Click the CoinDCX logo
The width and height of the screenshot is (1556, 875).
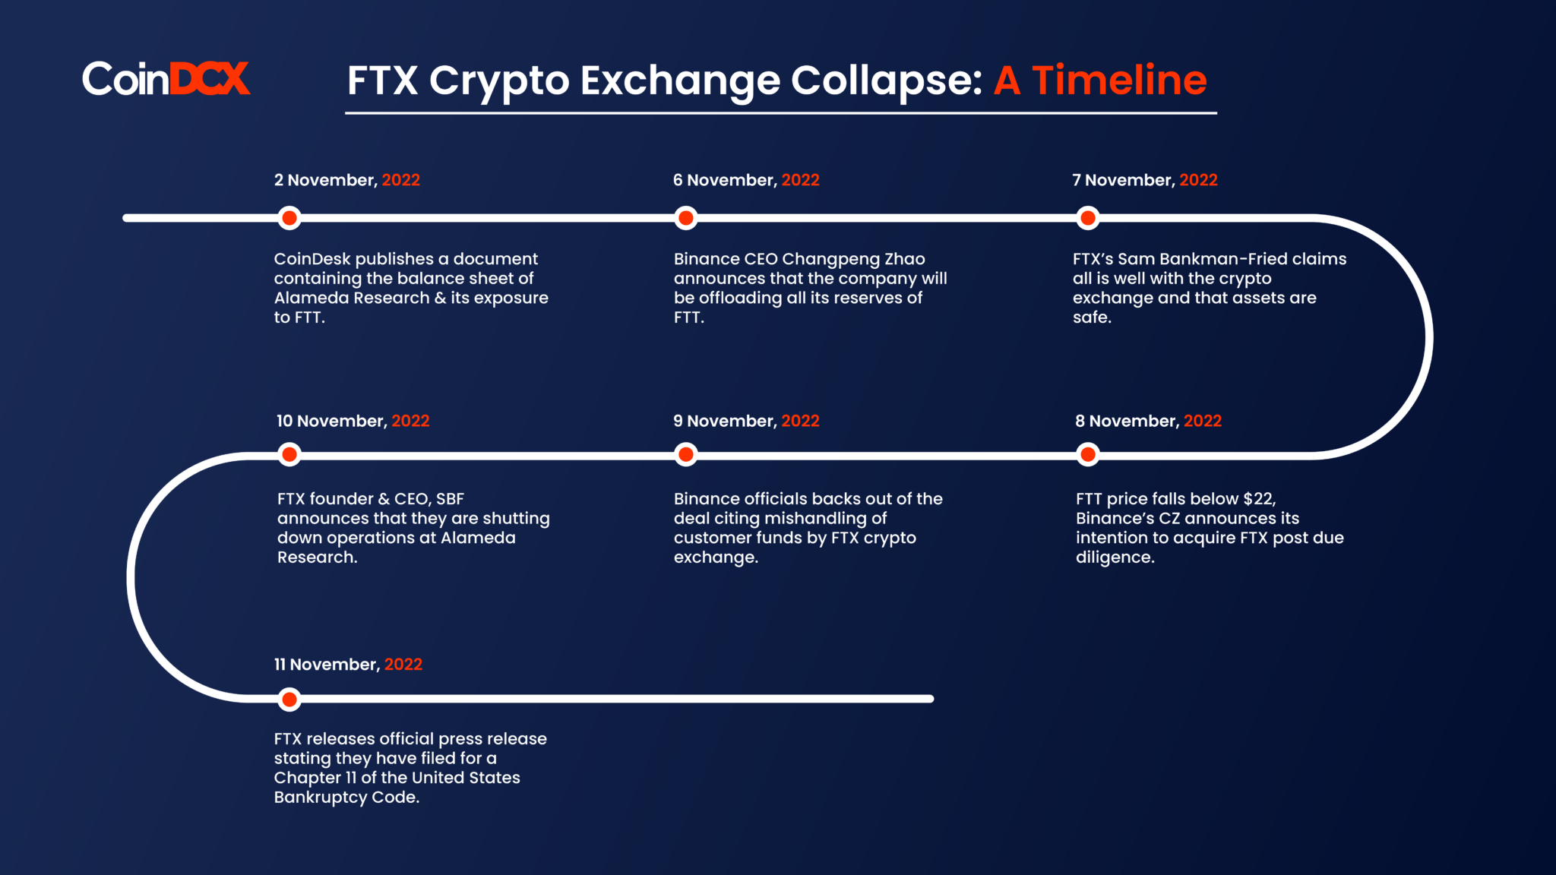coord(166,78)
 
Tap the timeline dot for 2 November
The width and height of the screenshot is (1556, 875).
coord(289,219)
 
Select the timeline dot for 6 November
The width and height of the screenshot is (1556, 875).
coord(686,219)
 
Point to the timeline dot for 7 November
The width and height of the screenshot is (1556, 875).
coord(1088,219)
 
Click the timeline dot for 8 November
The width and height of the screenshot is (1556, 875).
coord(1088,455)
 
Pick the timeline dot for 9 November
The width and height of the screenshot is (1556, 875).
coord(686,455)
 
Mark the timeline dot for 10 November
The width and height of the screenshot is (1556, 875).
coord(289,455)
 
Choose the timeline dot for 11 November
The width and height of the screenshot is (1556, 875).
coord(289,700)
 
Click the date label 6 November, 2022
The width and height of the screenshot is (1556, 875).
coord(746,181)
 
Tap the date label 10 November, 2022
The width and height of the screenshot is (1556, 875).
coord(353,422)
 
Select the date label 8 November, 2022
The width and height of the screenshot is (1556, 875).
coord(1149,422)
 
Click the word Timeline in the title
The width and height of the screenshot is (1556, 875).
coord(1119,80)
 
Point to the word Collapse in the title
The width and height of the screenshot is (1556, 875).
coord(887,81)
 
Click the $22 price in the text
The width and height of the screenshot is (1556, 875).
coord(1260,499)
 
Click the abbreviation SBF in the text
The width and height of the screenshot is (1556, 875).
coord(450,499)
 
